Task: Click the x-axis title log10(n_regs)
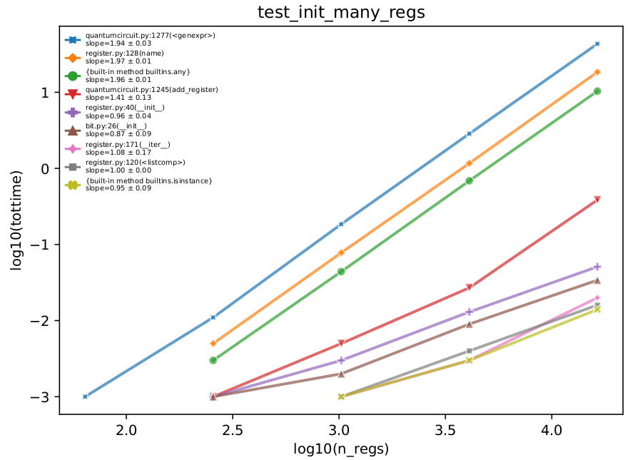tap(341, 449)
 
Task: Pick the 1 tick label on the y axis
tap(44, 93)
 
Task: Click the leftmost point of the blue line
tap(85, 397)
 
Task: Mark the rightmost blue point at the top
tap(597, 44)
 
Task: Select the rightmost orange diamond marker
tap(597, 72)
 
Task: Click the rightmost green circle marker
tap(597, 91)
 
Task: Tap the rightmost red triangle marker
tap(597, 200)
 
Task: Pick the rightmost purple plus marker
tap(597, 267)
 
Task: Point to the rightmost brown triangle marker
tap(597, 280)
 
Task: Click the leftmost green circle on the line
tap(213, 360)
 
